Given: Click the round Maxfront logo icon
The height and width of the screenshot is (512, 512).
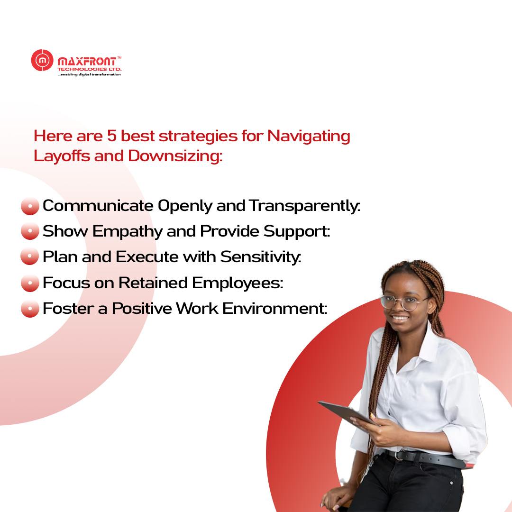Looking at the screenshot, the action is coord(42,60).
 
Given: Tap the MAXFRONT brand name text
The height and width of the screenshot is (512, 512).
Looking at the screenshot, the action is coord(87,62).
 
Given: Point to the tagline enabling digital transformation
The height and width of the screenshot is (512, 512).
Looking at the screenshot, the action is coord(89,74).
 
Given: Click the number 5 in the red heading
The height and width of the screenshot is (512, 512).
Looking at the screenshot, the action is coord(112,136).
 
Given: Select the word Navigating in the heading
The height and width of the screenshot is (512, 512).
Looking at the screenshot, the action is coord(309,137).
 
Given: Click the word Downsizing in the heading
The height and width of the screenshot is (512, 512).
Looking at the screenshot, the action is coord(175,156).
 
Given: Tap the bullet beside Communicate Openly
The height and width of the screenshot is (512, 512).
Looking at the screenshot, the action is coord(30,206).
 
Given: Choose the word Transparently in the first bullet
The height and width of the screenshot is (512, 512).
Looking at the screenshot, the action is coord(305,206).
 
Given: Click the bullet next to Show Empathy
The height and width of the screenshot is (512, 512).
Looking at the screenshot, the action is coord(30,231).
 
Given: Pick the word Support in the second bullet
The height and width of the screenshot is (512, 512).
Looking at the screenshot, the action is coord(297,232).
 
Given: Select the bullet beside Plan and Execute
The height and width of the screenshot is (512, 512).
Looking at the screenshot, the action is coord(30,256).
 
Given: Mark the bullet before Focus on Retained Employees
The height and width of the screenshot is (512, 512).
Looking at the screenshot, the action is coord(30,283).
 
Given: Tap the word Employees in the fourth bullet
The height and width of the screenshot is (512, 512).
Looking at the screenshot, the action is coord(238,283).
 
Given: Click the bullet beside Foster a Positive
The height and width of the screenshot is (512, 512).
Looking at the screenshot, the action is coord(30,309).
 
